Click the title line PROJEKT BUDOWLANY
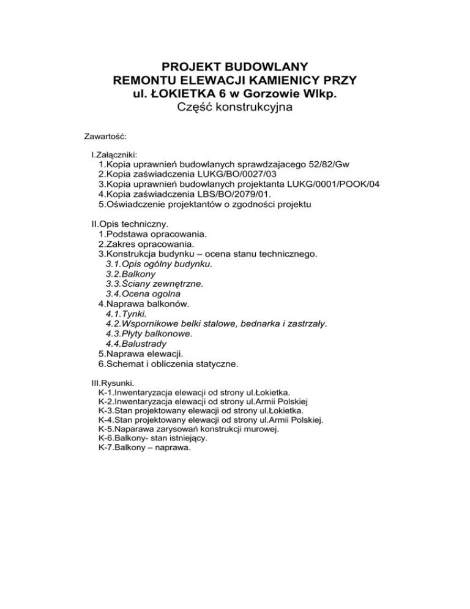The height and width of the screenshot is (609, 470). click(234, 67)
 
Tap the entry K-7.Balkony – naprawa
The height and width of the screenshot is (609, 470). click(144, 448)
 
